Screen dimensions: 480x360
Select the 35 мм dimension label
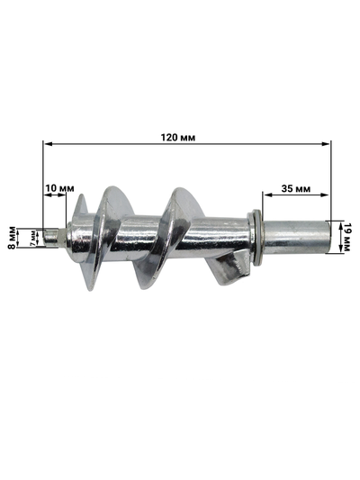click(296, 189)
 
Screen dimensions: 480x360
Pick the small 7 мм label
click(32, 237)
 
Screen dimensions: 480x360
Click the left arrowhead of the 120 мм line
click(46, 142)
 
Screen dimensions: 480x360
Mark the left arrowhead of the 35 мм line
click(266, 195)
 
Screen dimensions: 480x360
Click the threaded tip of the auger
click(59, 235)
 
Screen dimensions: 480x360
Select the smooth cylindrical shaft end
click(297, 239)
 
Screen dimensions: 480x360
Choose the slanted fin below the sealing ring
click(229, 271)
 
